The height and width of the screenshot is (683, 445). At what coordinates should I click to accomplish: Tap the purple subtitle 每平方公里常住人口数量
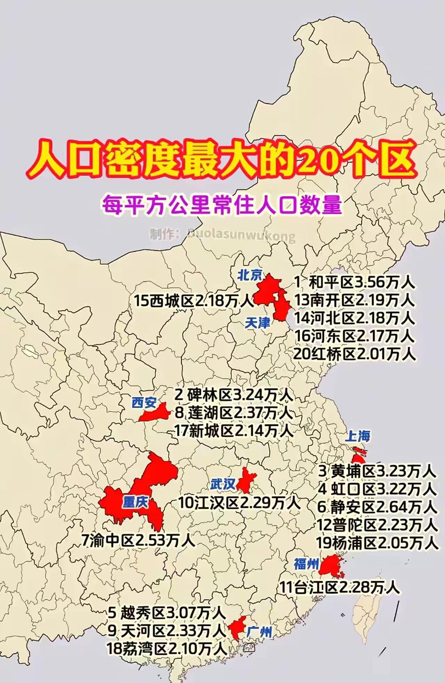point(222,205)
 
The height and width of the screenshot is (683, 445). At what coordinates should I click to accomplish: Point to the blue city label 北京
point(250,275)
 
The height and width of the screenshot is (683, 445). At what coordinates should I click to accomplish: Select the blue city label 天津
point(257,323)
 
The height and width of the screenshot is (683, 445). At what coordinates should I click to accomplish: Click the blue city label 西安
point(144,403)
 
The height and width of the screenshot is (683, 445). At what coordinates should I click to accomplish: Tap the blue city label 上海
point(358,436)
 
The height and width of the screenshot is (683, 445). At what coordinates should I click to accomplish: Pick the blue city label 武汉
point(223,484)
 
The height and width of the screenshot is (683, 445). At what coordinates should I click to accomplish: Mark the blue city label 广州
point(259,632)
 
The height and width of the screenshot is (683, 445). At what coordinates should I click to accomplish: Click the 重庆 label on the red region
point(135,502)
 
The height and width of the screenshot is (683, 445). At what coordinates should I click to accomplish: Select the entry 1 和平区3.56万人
point(354,282)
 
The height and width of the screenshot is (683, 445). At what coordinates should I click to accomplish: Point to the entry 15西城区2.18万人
point(194,300)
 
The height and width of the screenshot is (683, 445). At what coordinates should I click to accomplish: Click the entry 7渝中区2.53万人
point(138,540)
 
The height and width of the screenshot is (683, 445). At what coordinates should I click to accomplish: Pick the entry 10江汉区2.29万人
point(239,503)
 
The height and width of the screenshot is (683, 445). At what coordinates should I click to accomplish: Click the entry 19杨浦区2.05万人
point(377,543)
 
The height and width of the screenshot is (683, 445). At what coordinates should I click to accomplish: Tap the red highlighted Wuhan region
point(246,480)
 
